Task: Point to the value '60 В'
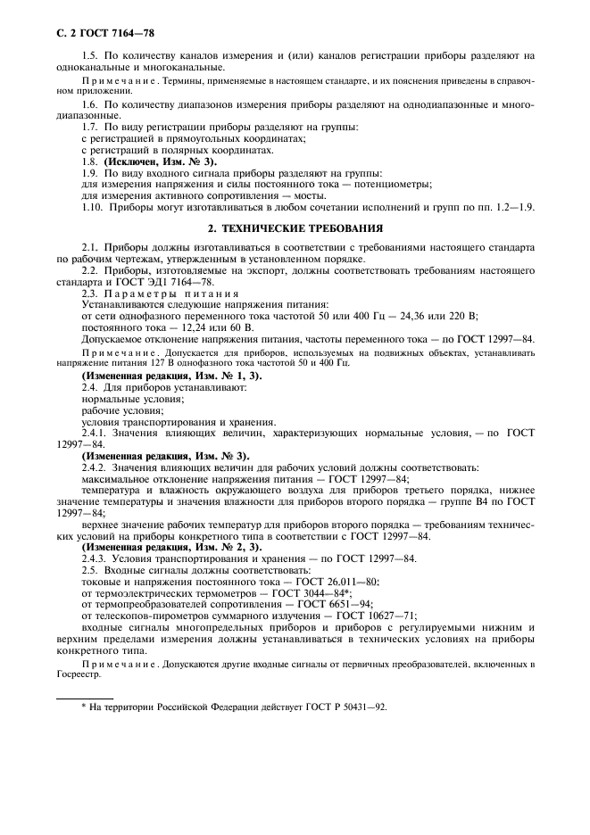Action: [218, 328]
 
